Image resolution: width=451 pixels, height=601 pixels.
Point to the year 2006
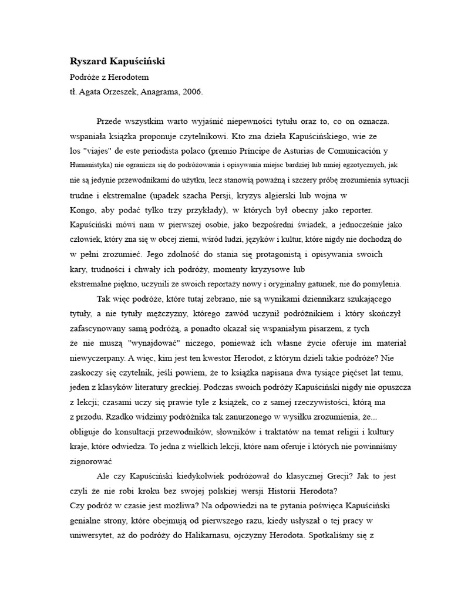(x=193, y=92)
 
